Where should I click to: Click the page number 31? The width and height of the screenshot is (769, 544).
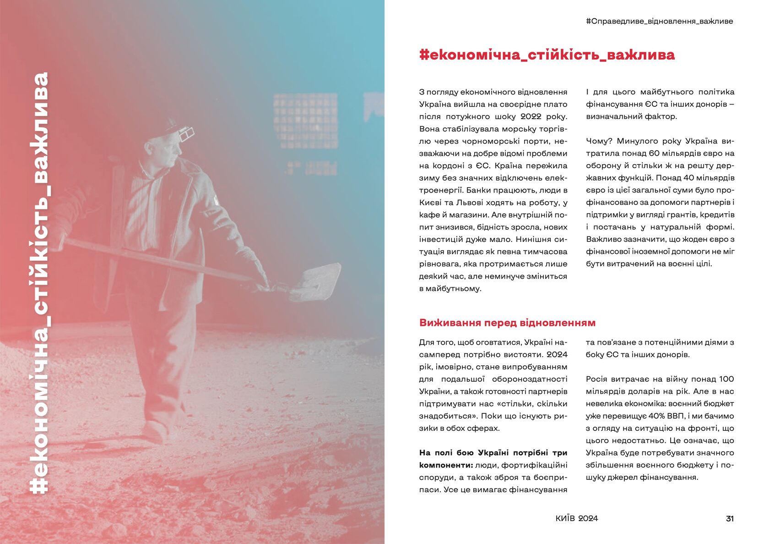[730, 519]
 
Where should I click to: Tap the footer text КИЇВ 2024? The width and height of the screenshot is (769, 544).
[576, 518]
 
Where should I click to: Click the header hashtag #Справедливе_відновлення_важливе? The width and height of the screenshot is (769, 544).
[659, 21]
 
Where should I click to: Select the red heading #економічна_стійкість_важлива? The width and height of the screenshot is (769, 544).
[547, 55]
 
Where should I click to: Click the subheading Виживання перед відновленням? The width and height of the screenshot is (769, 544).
[507, 323]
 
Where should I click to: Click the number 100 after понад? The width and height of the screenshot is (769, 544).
[726, 379]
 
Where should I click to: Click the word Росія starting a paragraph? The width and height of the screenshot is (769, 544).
[598, 379]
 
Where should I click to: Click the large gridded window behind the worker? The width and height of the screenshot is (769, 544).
[306, 120]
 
